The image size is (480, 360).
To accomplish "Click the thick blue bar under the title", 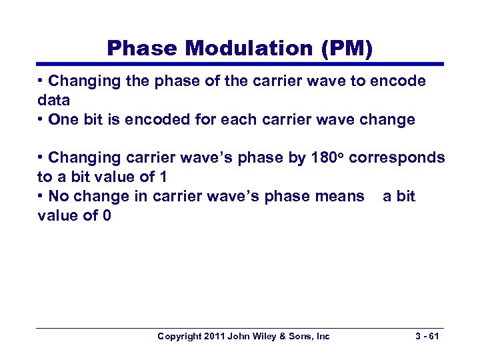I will pos(240,65).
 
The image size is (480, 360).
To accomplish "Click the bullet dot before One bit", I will pos(41,119).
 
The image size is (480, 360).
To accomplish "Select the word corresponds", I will pos(397,158).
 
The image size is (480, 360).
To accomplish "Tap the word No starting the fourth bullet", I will pos(59,196).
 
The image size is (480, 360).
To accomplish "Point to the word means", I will pos(341,196).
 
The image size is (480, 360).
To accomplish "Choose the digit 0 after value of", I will pos(107,215).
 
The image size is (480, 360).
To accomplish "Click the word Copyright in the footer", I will pos(181,337).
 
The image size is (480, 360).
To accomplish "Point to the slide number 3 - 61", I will pos(425,337).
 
